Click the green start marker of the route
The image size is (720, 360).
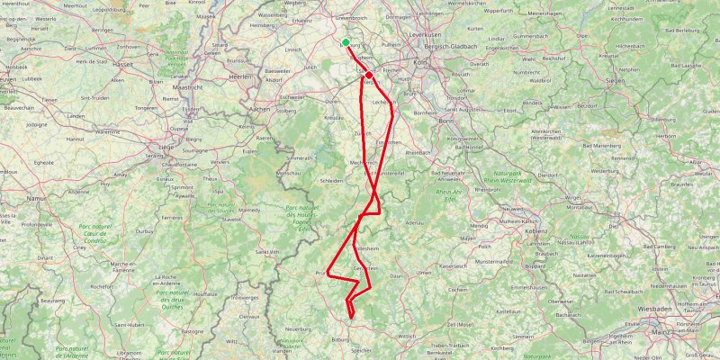[346, 41]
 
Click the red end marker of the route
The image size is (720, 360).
[369, 76]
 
